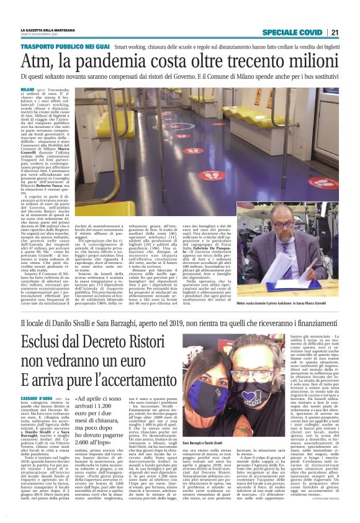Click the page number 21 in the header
pyautogui.click(x=334, y=32)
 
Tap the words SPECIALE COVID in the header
pyautogui.click(x=292, y=32)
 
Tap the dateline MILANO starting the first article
pyautogui.click(x=29, y=90)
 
